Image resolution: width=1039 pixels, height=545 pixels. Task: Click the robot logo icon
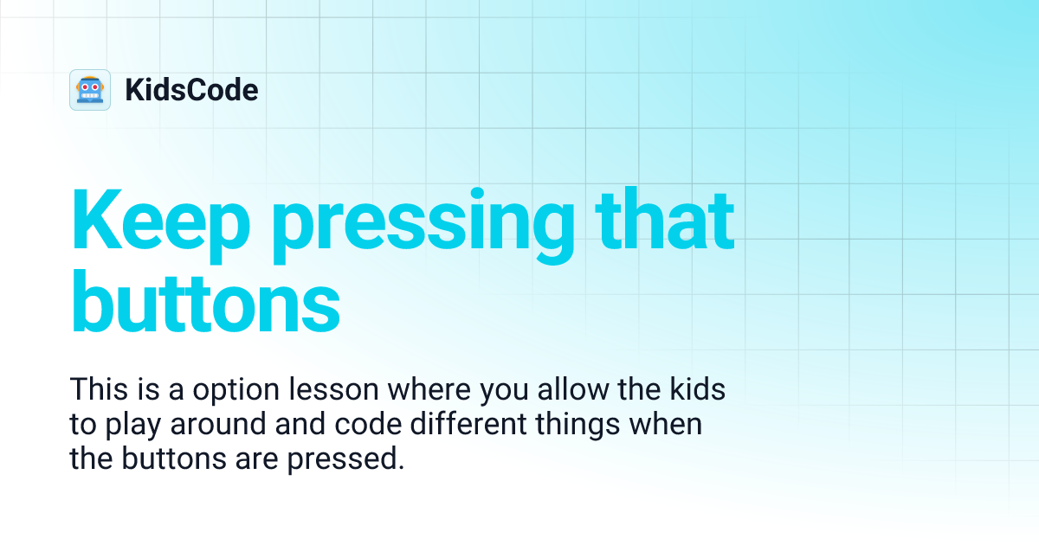(90, 90)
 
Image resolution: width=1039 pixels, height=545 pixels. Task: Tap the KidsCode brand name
(191, 90)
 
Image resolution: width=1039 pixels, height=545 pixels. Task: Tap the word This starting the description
(98, 390)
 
